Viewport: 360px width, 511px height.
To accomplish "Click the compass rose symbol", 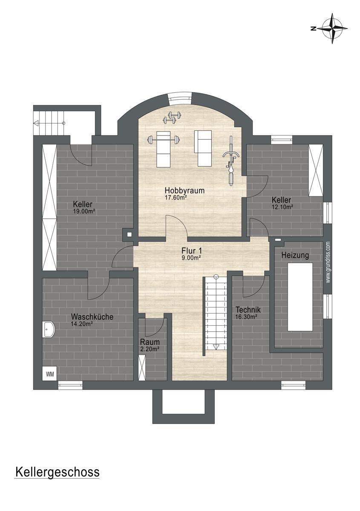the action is click(332, 29).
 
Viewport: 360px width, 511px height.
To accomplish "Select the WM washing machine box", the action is click(49, 374).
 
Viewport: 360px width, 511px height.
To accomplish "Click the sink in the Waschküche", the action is click(48, 329).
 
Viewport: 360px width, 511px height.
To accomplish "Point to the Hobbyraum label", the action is click(184, 190).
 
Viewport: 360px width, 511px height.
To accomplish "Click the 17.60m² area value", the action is click(176, 198).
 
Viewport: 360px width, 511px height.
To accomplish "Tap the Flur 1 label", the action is click(192, 251).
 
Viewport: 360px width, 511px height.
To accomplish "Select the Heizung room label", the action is click(295, 255).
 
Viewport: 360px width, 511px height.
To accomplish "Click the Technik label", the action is click(248, 310).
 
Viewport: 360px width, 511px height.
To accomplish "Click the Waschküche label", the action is click(92, 317).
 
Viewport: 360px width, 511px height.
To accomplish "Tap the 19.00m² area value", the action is click(84, 211).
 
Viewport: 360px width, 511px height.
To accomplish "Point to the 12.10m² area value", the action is click(282, 207).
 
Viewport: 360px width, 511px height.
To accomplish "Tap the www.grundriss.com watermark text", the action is click(328, 262).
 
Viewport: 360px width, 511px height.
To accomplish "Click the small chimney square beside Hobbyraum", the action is click(129, 234).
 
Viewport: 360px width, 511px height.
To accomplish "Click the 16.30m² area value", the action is click(246, 316).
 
